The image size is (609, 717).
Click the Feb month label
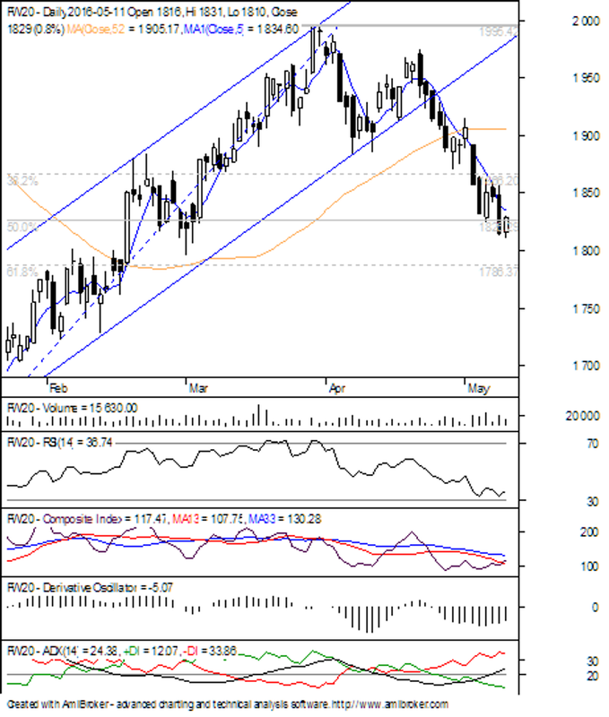point(57,389)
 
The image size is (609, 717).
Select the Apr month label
point(336,389)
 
